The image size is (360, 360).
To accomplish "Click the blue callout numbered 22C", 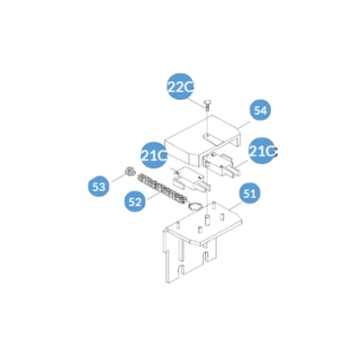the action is point(180,86).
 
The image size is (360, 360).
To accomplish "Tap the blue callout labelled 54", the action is point(260,111).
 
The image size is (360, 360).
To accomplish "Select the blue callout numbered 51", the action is point(249,193).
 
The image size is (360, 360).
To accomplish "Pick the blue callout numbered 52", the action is point(135,202).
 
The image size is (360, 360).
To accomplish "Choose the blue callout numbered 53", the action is point(99,186).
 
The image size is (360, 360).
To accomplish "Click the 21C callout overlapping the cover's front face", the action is point(154,156).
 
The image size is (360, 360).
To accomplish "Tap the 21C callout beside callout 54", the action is point(263,151).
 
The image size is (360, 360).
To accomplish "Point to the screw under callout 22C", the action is point(207,105).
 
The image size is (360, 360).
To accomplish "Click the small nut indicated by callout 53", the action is point(128,172).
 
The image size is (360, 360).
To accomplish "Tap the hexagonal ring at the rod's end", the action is point(193,206).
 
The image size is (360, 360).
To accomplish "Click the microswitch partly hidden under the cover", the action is point(222,165).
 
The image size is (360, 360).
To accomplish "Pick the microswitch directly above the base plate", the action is point(191,179).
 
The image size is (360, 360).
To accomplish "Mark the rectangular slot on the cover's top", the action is point(212,139).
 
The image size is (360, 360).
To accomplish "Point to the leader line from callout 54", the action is point(244,125).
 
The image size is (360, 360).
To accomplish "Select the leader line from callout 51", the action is point(236,205).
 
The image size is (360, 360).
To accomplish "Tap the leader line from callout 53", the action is point(118,178).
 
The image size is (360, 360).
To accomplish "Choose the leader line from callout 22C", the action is point(199,103).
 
